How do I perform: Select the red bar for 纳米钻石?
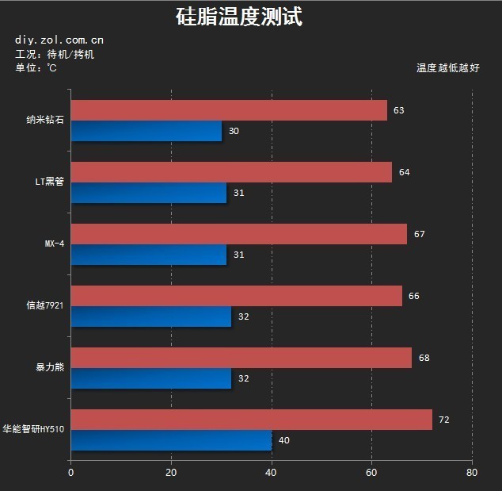229,110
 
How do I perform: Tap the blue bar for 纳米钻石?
146,131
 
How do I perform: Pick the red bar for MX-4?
238,234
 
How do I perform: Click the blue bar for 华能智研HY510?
171,440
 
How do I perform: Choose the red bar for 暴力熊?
241,358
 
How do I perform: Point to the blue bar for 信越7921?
150,316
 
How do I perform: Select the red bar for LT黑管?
231,172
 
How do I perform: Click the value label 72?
443,420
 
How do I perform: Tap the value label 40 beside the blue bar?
283,440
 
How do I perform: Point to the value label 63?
398,110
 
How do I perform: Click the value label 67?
419,234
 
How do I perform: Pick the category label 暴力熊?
49,368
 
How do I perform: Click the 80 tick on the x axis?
472,473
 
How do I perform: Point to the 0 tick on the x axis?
70,473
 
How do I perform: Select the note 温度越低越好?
447,68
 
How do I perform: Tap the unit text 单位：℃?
36,68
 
